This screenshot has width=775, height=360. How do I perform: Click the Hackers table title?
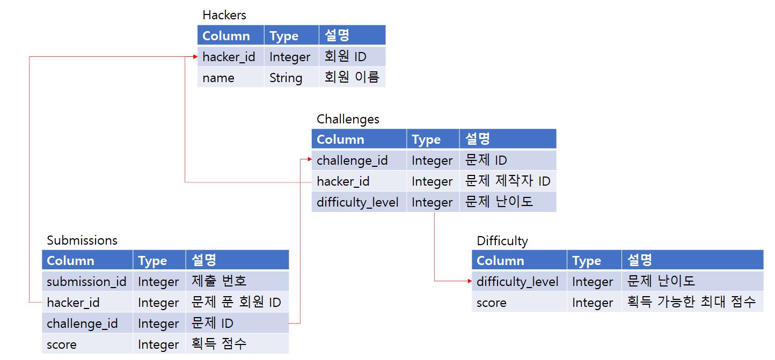224,15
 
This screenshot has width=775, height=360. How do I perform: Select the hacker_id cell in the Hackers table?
229,57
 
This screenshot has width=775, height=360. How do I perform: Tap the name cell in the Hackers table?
219,78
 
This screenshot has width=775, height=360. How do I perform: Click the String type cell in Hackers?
286,78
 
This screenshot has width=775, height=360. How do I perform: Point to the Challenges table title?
348,119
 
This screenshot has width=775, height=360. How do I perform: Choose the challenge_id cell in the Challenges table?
352,160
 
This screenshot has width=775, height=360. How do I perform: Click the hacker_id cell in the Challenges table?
343,181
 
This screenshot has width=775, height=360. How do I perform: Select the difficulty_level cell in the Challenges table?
357,202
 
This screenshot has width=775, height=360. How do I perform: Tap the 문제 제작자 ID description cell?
508,181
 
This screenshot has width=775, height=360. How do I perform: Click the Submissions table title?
82,240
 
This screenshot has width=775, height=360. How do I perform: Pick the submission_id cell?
86,282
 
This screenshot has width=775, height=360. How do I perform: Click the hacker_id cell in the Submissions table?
74,303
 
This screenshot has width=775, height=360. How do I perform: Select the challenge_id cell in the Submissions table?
82,324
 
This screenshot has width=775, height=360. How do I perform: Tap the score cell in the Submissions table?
62,344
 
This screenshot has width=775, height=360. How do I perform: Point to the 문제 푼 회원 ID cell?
236,303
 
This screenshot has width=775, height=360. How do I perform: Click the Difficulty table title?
502,241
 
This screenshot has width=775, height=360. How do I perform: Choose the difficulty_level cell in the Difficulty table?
517,282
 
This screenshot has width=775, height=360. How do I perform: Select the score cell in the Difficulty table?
492,303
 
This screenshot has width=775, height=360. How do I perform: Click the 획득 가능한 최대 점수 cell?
691,303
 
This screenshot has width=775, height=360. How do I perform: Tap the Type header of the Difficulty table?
587,261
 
